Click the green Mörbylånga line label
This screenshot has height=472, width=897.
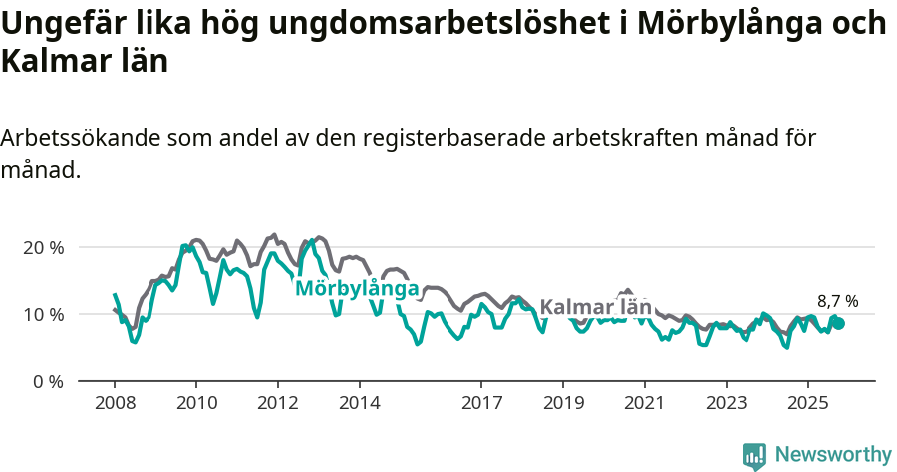pos(356,288)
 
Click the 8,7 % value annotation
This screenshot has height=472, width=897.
pos(837,301)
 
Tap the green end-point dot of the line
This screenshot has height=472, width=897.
pos(838,323)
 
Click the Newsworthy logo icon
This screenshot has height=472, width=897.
pos(754,456)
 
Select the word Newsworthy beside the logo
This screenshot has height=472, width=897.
pos(833,455)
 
